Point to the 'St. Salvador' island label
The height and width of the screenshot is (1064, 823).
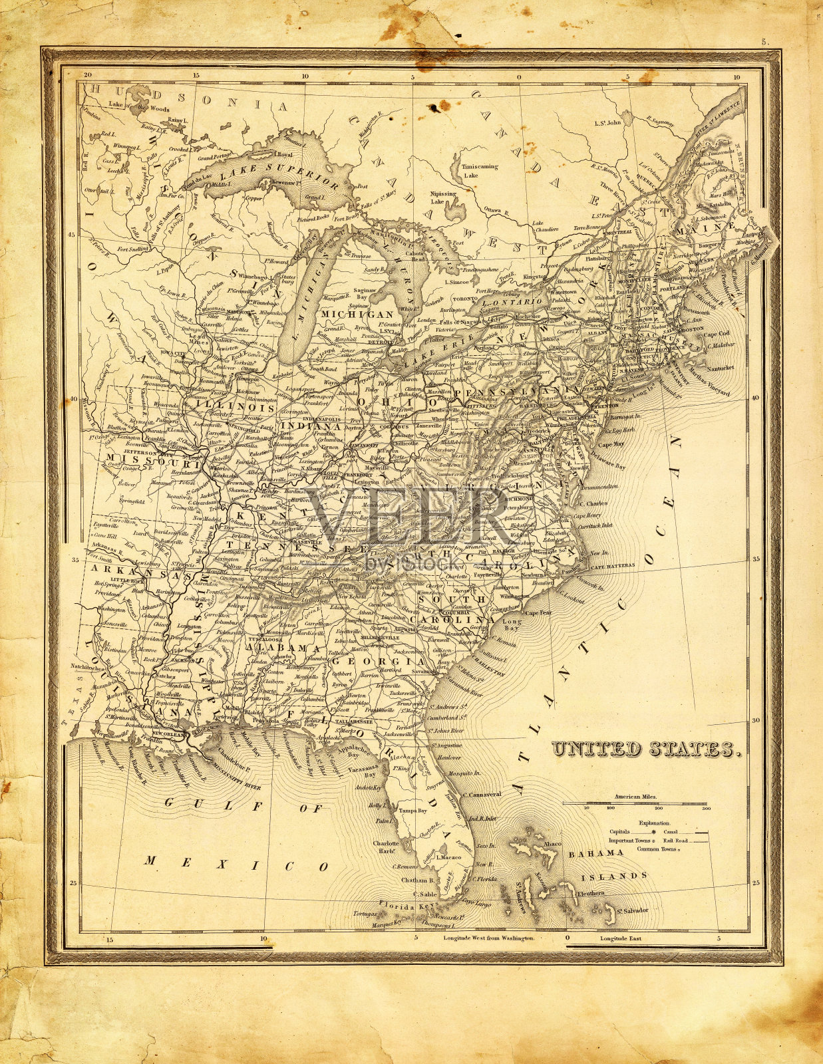point(631,910)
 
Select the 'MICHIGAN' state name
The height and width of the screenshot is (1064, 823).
point(357,313)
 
